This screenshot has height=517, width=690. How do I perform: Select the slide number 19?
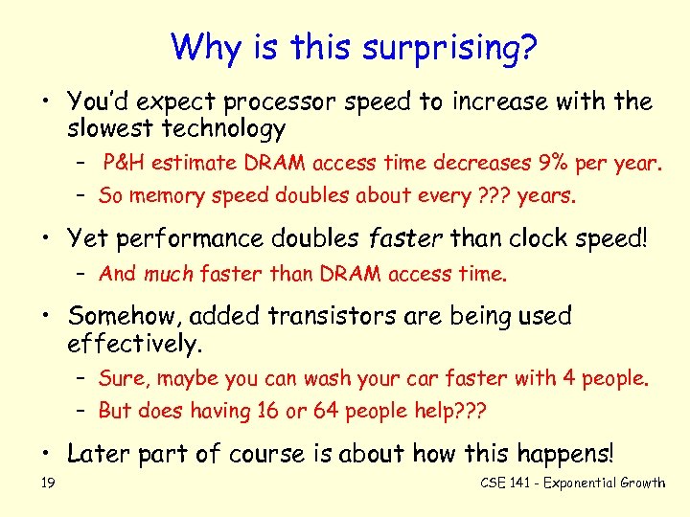coord(48,483)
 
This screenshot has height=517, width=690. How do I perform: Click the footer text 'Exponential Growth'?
coord(604,483)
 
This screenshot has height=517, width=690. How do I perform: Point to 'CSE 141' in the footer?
coord(504,483)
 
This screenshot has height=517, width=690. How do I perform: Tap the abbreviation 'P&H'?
coord(124,164)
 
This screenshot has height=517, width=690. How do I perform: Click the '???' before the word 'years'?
coord(494,196)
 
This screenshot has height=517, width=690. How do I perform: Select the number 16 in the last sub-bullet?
coord(269,411)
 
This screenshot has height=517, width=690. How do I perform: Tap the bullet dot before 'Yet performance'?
coord(50,238)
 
